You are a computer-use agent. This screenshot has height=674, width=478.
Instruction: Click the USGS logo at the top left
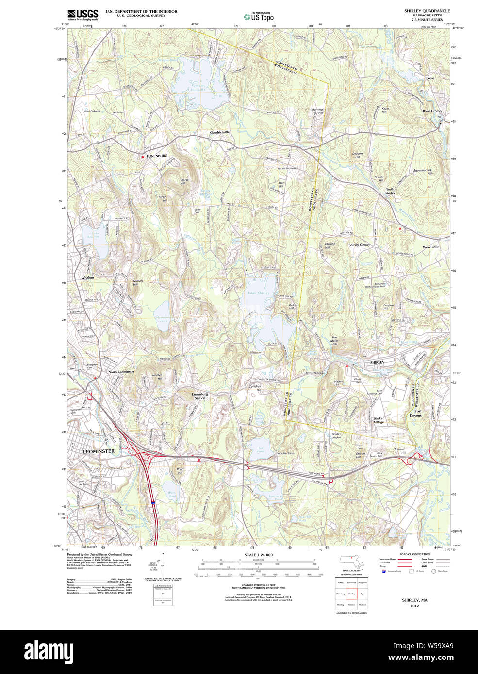tap(82, 14)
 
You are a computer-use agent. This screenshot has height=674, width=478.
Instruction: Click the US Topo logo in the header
tap(259, 16)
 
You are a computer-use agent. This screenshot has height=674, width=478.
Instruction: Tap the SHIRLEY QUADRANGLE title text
tap(427, 11)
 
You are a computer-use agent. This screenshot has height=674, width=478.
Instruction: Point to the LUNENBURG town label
tap(157, 156)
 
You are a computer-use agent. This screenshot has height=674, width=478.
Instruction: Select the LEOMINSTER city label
tap(99, 451)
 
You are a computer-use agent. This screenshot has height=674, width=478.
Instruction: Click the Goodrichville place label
tap(220, 132)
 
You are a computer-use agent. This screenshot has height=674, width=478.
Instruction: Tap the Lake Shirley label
tap(258, 293)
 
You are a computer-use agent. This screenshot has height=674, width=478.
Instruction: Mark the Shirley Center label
tap(359, 245)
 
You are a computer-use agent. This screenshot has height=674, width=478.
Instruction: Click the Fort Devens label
tap(416, 413)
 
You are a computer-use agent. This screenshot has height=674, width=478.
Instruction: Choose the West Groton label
tap(432, 111)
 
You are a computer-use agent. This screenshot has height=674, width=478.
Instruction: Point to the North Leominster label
tap(121, 372)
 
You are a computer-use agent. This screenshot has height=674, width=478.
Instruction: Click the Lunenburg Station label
tap(199, 396)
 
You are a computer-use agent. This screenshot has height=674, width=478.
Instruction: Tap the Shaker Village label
tap(379, 420)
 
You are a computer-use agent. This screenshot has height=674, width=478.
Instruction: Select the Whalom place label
tap(88, 278)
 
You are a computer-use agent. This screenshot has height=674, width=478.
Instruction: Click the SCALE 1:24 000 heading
tap(258, 555)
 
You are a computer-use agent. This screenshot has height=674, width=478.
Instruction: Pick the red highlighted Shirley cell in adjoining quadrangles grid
tap(351, 594)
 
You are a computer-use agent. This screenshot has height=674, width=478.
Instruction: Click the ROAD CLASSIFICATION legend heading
tap(414, 554)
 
